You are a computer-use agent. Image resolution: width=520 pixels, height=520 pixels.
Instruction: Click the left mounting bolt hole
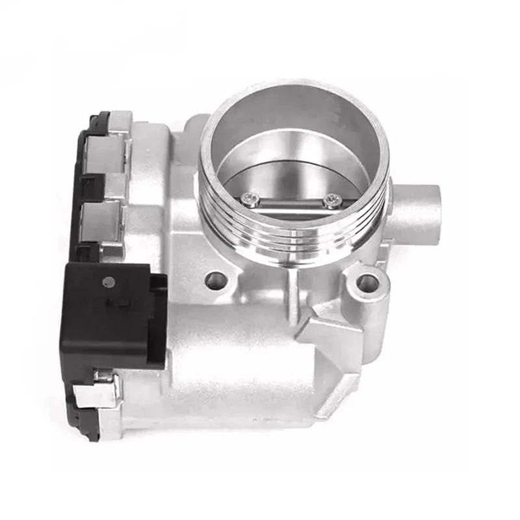pyautogui.click(x=216, y=281)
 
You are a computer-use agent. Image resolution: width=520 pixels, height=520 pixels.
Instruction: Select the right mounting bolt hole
pyautogui.click(x=368, y=282)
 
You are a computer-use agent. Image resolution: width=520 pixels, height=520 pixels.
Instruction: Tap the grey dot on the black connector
pyautogui.click(x=109, y=282)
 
